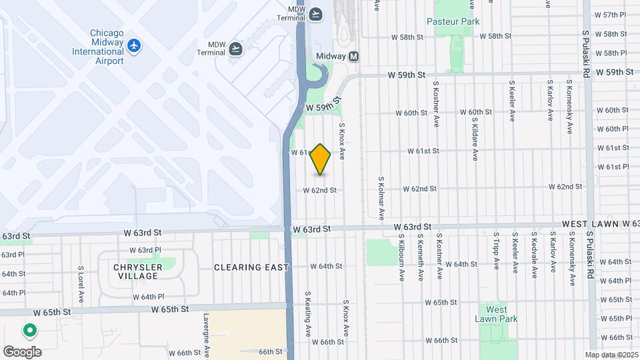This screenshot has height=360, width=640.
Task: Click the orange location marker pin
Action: pos(321,159)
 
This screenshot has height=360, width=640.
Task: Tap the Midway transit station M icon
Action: pos(353,57)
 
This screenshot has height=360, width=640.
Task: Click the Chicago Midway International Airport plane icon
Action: pos(135,45)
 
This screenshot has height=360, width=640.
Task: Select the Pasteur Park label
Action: pos(453,21)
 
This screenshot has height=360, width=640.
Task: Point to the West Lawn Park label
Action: pos(496,314)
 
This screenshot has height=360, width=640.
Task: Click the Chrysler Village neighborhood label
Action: pos(137,271)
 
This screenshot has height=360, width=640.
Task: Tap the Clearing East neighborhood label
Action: pos(251,267)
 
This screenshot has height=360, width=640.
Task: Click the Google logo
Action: pos(22,351)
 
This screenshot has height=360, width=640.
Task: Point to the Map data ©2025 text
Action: pos(611,355)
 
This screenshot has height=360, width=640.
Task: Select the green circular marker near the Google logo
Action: pos(29,330)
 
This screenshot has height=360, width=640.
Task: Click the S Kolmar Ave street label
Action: pos(381,199)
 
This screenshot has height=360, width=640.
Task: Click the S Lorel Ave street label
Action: pos(80,284)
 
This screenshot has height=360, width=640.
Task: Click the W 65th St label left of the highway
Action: pos(171,309)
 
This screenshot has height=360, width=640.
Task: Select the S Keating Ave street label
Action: pos(309,313)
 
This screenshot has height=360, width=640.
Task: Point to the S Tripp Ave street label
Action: pos(497,251)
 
